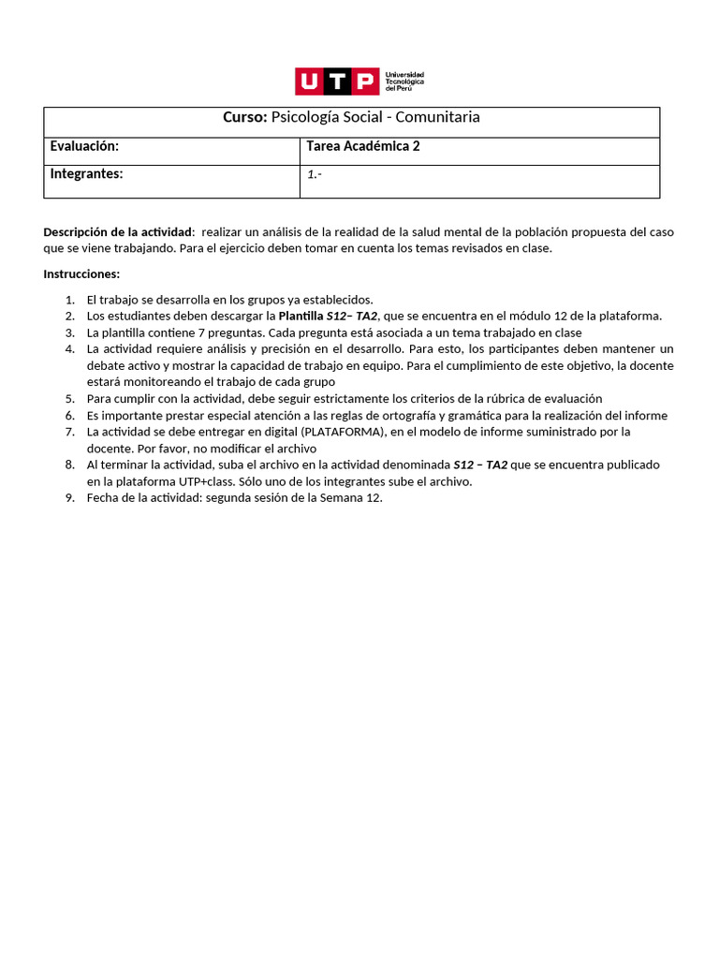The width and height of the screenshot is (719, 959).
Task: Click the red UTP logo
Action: (x=337, y=81)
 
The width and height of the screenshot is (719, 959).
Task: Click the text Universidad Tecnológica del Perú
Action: (x=404, y=81)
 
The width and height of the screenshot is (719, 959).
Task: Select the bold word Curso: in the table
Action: (x=245, y=117)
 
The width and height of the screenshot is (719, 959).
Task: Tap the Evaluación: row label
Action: (x=84, y=146)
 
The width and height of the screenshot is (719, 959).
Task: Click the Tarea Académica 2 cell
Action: (x=362, y=146)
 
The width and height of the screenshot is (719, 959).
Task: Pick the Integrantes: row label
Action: (x=86, y=173)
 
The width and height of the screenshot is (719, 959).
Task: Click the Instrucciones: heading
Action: (x=81, y=273)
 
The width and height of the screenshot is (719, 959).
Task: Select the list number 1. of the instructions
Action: (x=70, y=299)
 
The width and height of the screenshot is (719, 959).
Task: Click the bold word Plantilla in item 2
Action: (x=301, y=316)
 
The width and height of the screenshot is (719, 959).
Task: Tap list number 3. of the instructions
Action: (x=70, y=332)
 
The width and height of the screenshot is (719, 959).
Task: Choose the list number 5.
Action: (x=70, y=398)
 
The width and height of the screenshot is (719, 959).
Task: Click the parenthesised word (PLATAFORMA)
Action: (x=340, y=432)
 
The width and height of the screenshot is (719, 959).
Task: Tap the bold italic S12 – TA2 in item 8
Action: (x=480, y=465)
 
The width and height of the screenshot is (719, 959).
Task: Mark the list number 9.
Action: (x=70, y=498)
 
